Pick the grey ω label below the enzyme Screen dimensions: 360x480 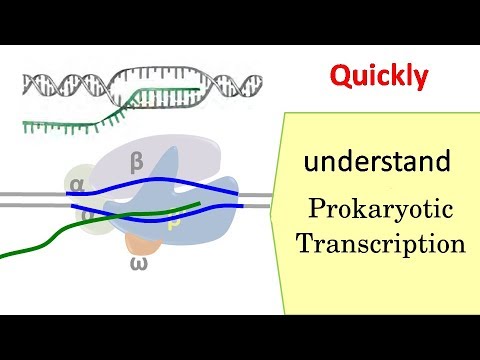[139, 263]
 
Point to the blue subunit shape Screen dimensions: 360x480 [210, 200]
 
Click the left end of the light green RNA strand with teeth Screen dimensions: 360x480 [27, 125]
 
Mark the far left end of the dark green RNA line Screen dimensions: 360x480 [3, 256]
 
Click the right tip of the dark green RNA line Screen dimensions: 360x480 [200, 205]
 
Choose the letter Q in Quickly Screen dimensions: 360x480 [342, 75]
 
